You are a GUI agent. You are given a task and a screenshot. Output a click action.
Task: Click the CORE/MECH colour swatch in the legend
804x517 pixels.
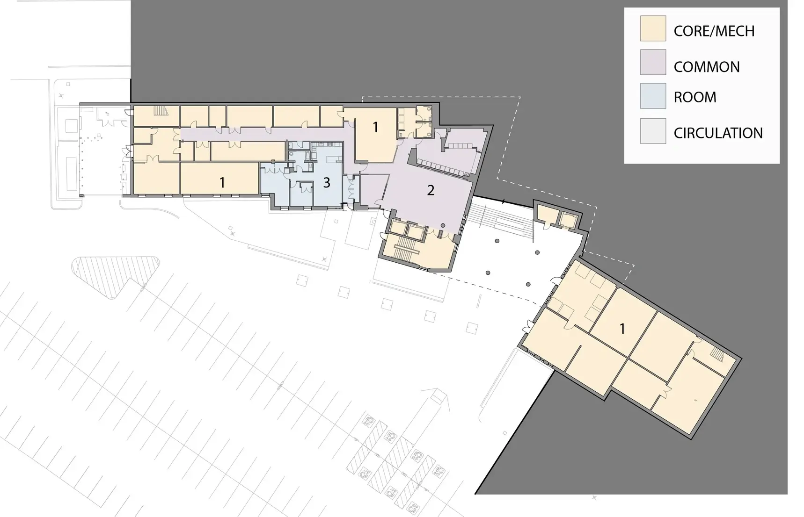653,28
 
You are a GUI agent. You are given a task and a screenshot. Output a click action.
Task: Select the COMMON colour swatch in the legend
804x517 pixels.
653,62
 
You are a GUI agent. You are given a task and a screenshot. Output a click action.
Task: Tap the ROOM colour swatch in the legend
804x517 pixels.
653,96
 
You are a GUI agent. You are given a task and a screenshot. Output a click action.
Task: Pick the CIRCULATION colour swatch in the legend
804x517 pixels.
653,131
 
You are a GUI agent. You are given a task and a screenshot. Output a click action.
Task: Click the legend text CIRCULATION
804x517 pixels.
718,133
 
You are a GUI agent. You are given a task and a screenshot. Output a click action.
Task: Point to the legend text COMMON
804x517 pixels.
707,67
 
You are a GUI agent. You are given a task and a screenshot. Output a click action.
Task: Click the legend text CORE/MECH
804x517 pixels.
714,31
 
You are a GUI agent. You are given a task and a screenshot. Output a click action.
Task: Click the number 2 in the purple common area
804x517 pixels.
431,190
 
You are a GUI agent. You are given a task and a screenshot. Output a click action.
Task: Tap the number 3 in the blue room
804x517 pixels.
327,182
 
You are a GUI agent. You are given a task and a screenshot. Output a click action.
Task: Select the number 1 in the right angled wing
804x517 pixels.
622,329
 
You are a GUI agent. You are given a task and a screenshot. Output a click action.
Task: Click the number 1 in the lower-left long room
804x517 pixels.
222,182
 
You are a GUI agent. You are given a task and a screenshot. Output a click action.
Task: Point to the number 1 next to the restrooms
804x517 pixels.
375,127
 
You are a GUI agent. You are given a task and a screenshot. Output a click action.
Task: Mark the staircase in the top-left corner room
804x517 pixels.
161,111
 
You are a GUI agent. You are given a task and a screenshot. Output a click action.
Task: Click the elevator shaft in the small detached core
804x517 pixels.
568,219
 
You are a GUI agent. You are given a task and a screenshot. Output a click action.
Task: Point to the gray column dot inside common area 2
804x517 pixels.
443,225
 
